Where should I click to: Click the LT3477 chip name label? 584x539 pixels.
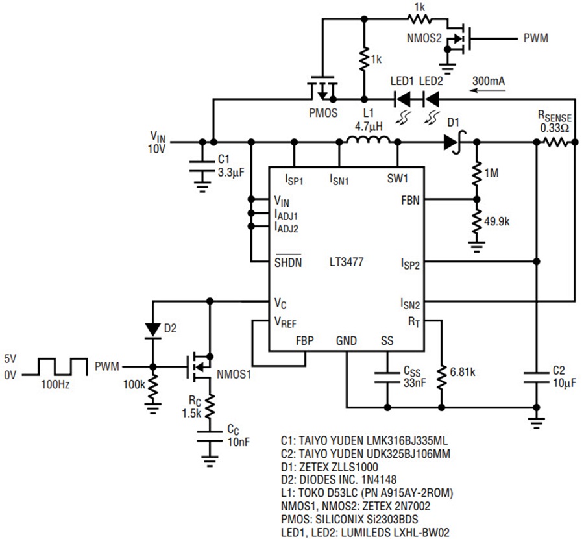point(347,262)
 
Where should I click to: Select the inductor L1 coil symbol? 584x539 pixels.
point(369,140)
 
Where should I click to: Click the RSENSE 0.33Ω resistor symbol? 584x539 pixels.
point(555,142)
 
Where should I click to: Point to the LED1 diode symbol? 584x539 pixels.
point(402,99)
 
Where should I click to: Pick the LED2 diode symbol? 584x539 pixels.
point(432,99)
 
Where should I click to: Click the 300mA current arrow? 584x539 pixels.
point(488,90)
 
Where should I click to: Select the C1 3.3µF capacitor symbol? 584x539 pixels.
point(202,167)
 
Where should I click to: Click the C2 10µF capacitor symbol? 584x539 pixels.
point(537,377)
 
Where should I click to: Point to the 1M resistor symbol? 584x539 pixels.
point(476,173)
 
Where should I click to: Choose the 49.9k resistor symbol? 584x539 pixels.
point(476,221)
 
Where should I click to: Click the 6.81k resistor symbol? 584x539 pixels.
point(441,377)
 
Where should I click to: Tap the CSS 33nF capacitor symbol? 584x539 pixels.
point(387,377)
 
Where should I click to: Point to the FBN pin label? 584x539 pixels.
point(410,200)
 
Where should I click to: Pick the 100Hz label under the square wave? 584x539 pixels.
point(55,384)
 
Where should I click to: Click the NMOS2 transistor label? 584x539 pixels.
point(424,38)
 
